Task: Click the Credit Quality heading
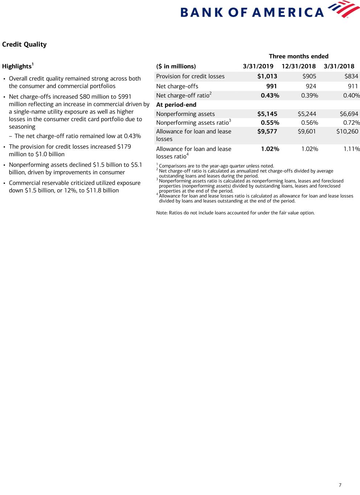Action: [24, 44]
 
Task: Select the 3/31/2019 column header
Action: [258, 66]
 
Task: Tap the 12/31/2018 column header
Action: [298, 66]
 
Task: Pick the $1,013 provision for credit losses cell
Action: [267, 76]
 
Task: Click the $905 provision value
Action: [309, 76]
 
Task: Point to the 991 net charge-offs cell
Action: [272, 86]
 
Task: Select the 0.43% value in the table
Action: [270, 96]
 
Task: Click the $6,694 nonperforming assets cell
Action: [349, 114]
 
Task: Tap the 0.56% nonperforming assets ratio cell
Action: [309, 123]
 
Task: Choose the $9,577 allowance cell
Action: [267, 132]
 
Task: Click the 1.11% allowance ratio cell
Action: [351, 149]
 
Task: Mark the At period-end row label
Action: [176, 105]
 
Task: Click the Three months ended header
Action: [298, 56]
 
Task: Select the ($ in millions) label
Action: [176, 66]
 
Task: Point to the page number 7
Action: [340, 485]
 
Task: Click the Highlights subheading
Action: [17, 66]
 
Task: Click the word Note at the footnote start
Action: [162, 213]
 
